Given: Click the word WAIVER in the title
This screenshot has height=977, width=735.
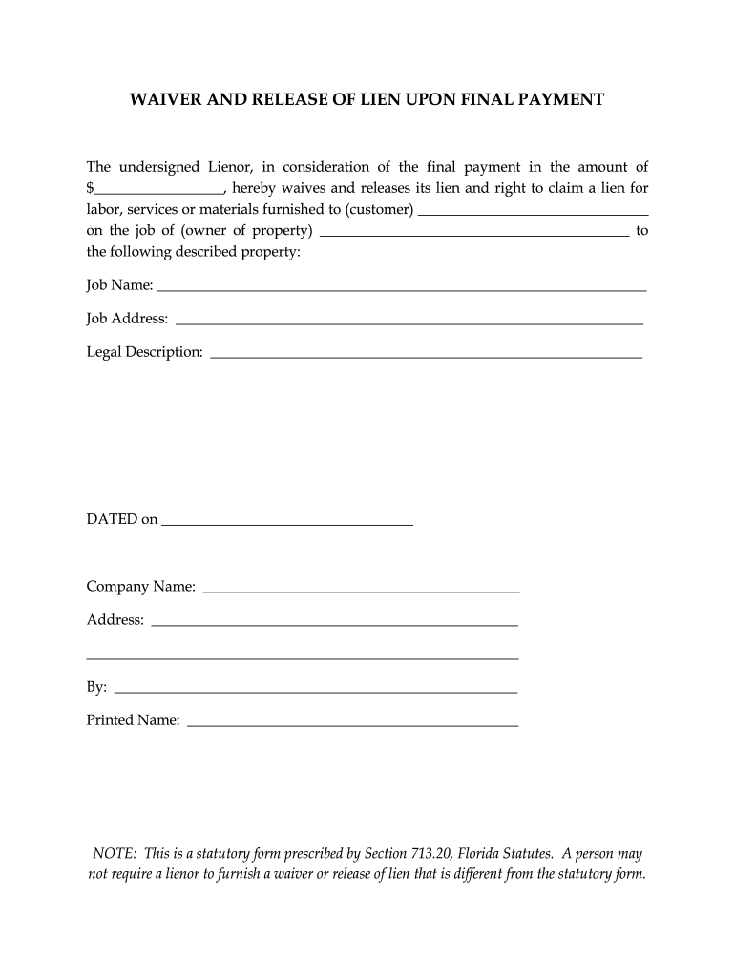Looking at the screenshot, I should (x=163, y=99).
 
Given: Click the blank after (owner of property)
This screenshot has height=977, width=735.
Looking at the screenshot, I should (x=474, y=234).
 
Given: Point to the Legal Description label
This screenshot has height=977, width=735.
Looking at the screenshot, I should (x=145, y=352).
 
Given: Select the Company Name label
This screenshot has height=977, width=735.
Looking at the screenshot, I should (x=141, y=586).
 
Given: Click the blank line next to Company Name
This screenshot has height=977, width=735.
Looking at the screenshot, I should (x=362, y=592).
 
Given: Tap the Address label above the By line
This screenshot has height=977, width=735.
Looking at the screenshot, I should (x=115, y=620).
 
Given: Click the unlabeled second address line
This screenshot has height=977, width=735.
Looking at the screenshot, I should (x=303, y=658).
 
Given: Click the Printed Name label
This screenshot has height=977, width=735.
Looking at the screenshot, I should (x=134, y=720).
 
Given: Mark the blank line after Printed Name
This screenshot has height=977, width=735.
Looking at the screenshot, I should (x=353, y=726).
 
